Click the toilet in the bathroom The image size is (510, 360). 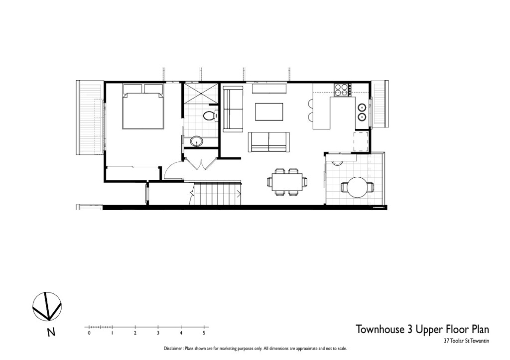pos(211,116)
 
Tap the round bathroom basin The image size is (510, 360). pos(196,141)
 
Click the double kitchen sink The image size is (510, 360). pos(362,112)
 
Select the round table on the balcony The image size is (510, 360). pos(357,187)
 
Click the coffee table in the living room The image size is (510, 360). pos(269,112)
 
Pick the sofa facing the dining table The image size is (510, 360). pos(268,142)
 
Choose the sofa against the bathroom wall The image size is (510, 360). pos(233,109)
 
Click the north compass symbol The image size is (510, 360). pos(47,306)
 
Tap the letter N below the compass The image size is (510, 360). pos(51,332)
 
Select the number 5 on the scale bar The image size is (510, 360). pos(204,333)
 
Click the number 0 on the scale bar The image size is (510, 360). pos(89,333)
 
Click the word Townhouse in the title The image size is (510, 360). pos(380,329)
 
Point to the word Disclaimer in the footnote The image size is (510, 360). pos(173,349)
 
